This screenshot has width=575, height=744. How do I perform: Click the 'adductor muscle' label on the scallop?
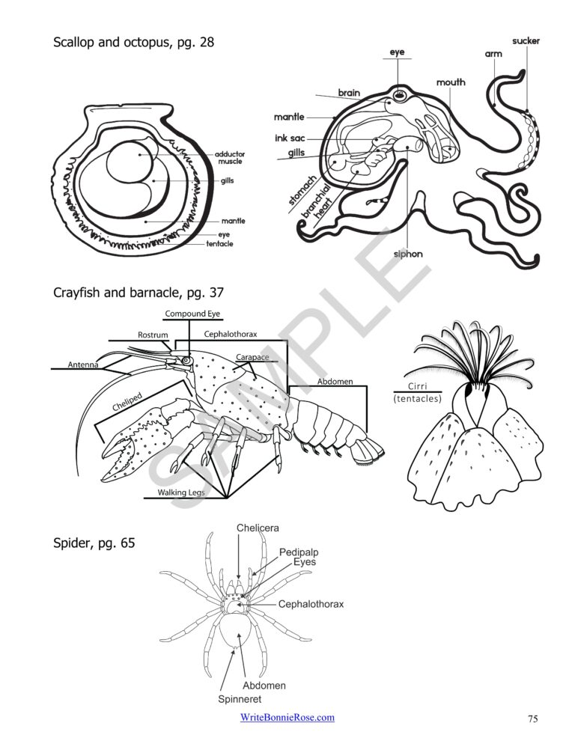point(231,157)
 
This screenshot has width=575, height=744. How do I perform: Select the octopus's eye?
point(401,95)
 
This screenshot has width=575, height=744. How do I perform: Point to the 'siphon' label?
point(408,254)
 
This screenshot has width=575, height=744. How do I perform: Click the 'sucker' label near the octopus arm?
point(526,41)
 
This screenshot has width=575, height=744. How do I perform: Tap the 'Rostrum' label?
point(153,335)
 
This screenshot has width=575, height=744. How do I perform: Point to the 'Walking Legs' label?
point(180,493)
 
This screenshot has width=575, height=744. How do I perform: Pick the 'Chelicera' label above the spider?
point(258,528)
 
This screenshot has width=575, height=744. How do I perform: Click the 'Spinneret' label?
point(240,700)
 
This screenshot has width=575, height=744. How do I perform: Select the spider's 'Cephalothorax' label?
point(311,604)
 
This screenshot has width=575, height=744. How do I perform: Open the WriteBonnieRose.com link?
point(287,718)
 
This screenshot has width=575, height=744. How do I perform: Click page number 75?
point(532,719)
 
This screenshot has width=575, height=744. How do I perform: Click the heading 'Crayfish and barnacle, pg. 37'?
point(139,293)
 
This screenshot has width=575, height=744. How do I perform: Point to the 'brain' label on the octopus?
point(349,93)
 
